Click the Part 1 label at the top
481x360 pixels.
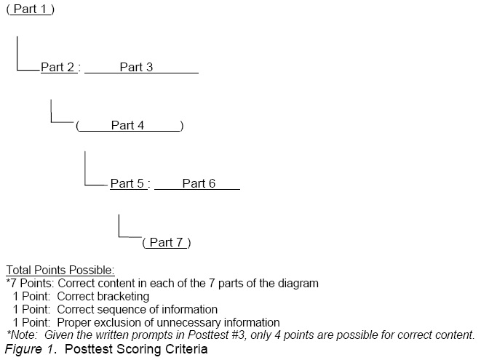30,9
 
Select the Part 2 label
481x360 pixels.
57,68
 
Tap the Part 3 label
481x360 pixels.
136,68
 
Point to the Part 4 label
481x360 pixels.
127,126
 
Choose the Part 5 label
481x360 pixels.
127,184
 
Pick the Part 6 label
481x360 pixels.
199,184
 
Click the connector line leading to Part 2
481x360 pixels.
17,55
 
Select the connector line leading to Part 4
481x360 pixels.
51,113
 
